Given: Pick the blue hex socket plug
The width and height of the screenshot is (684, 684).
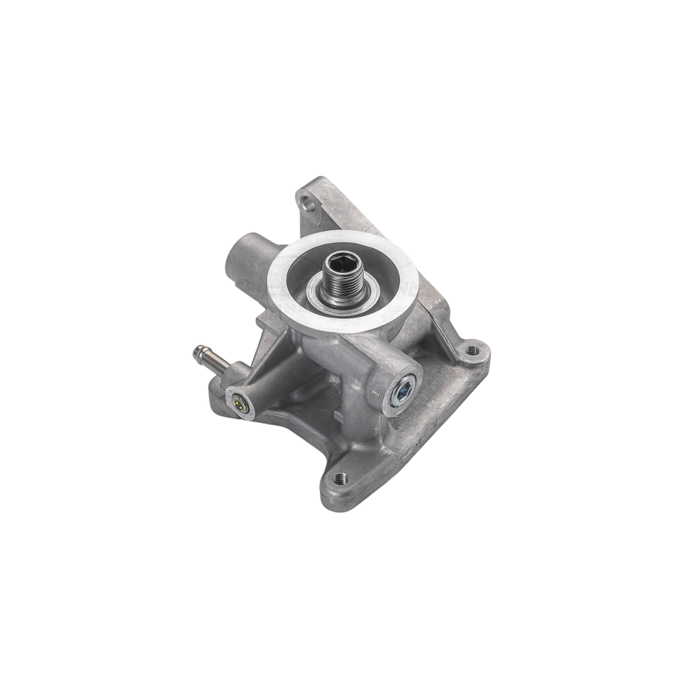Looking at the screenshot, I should tap(403, 389).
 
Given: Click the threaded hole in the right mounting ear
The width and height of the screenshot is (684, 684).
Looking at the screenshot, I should tap(471, 350).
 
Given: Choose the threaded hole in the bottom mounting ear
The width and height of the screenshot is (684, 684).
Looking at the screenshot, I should tap(340, 478).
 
